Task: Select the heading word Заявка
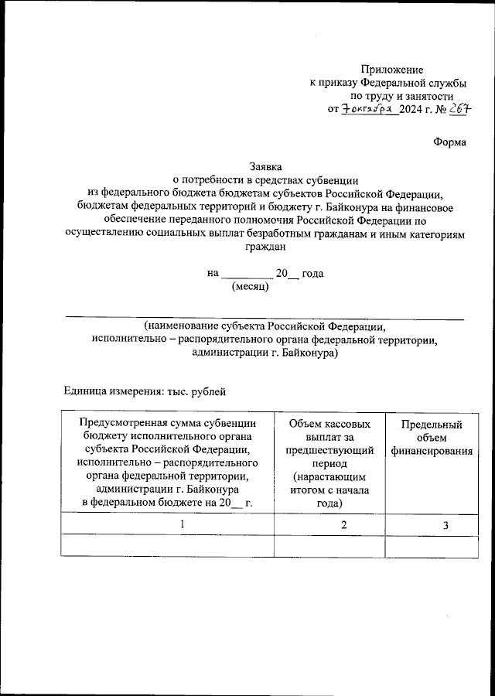265,165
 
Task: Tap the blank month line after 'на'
247,275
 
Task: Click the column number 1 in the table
183,525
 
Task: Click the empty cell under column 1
167,546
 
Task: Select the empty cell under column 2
329,546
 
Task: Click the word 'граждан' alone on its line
265,248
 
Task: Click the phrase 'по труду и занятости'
393,96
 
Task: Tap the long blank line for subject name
264,316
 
